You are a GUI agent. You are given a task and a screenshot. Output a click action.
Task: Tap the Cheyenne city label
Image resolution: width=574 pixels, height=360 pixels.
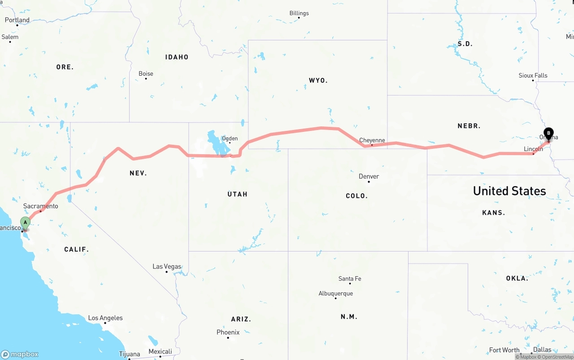372,140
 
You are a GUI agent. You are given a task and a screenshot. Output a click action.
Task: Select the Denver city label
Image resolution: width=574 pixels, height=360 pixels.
369,176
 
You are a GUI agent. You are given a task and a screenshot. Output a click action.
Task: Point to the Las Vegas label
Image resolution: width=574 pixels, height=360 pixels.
167,266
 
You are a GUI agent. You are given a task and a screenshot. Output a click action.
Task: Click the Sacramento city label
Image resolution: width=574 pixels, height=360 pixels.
41,206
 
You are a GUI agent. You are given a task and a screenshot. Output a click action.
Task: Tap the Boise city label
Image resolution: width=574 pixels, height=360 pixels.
146,74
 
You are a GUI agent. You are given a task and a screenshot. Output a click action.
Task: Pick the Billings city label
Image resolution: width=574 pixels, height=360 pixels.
299,13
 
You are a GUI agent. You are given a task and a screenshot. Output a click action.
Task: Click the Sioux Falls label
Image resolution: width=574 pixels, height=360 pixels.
533,75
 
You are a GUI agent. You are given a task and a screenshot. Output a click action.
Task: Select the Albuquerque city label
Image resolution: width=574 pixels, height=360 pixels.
335,294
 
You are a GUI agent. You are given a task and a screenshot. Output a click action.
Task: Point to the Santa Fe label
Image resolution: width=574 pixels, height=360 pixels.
350,278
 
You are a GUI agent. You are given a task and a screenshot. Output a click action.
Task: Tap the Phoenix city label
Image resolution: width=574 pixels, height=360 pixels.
228,332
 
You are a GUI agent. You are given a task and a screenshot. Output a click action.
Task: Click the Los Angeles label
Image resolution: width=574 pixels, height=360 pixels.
105,318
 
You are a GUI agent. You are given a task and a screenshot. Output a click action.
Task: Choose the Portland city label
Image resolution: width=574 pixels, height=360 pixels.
17,20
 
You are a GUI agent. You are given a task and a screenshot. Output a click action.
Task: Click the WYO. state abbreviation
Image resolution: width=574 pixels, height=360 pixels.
318,81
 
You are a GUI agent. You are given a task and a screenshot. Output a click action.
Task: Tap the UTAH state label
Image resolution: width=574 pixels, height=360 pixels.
237,194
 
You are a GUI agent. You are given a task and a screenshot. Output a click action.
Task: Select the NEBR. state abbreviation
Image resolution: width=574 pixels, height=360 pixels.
469,126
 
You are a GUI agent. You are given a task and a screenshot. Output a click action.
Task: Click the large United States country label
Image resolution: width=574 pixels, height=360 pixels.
509,191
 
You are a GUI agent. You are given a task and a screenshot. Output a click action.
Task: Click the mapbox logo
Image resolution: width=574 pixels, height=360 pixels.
20,354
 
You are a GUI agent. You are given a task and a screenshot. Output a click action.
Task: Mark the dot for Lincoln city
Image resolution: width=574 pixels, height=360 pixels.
533,154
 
